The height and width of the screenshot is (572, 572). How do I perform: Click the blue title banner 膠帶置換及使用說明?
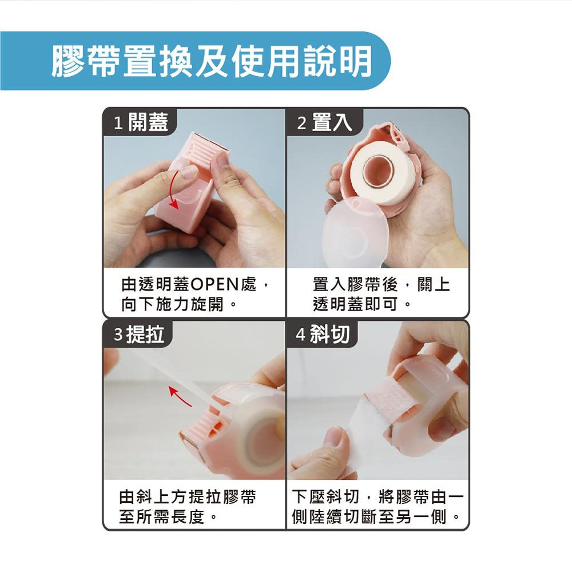[x=195, y=61]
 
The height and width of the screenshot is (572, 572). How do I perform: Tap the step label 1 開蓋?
[x=141, y=122]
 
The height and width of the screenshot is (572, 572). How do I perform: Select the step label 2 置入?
[x=325, y=122]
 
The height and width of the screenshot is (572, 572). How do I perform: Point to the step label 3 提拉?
[x=139, y=334]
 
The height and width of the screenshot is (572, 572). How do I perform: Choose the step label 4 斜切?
[x=323, y=334]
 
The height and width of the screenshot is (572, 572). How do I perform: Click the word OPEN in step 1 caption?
[x=214, y=284]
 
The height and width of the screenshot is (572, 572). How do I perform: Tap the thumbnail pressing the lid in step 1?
[x=188, y=172]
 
